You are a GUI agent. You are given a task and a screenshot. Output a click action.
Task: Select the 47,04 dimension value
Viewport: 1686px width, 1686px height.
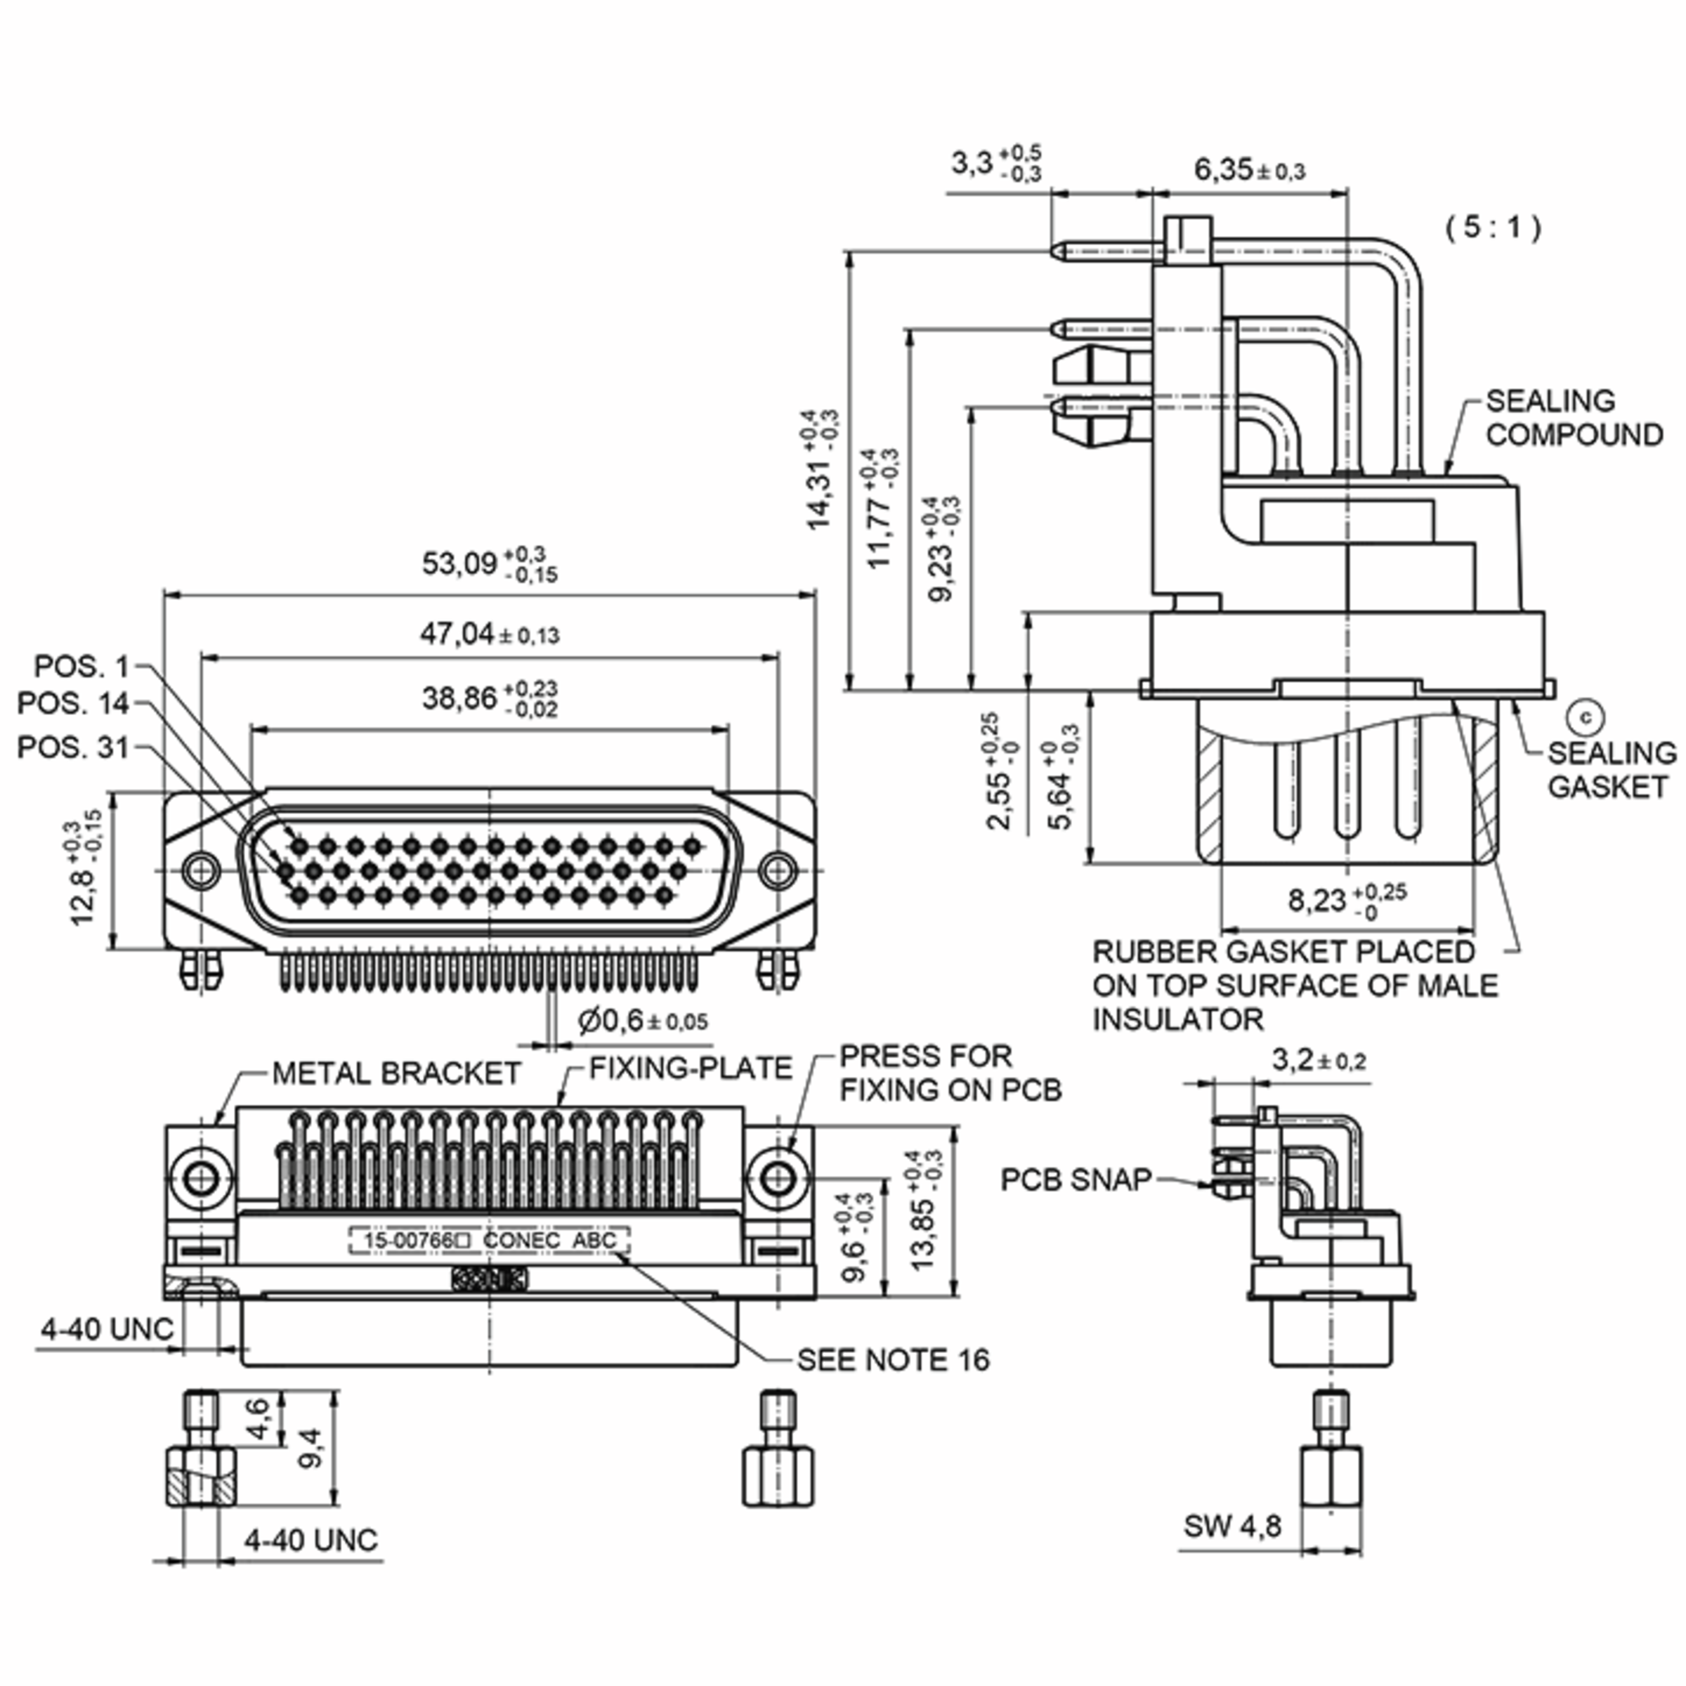pos(490,634)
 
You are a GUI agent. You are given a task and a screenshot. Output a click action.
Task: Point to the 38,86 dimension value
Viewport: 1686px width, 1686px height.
pos(490,698)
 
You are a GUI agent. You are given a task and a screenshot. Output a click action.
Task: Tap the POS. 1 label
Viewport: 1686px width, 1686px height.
pos(81,667)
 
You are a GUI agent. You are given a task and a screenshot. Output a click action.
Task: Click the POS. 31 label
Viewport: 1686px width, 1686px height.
pos(73,747)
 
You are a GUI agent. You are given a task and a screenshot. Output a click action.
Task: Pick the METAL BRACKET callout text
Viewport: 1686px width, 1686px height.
pos(396,1073)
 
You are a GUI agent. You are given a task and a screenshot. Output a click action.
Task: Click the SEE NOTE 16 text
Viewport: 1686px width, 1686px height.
pos(894,1359)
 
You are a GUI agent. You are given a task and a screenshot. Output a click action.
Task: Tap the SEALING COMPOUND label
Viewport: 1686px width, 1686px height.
pos(1574,418)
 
